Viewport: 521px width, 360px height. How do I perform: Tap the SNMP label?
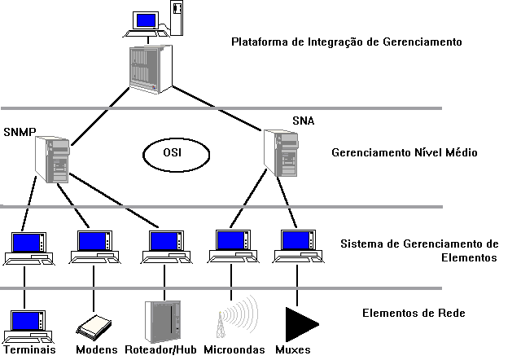[20, 132]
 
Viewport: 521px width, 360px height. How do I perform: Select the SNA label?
[303, 121]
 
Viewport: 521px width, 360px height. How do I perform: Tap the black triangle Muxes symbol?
[299, 323]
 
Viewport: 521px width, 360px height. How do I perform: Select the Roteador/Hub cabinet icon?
[161, 320]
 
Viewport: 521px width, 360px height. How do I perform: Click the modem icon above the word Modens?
[94, 328]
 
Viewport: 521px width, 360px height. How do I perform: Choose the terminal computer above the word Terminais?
[27, 323]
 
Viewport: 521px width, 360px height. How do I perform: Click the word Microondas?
[236, 350]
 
